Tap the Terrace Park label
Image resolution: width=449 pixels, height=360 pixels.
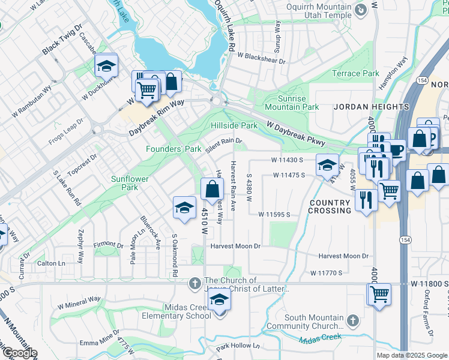(355, 73)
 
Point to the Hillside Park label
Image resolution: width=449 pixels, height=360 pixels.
(234, 125)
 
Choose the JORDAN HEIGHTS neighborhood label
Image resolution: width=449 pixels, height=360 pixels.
(372, 107)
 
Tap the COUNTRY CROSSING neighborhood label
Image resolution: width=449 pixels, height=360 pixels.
(330, 207)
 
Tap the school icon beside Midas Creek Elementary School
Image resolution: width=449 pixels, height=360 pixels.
(220, 301)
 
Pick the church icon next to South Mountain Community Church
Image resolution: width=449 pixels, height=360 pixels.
(354, 321)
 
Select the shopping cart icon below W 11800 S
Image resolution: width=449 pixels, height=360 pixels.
(379, 295)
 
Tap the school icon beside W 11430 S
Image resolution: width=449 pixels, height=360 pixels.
(327, 166)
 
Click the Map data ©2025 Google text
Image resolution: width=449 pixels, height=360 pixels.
(411, 355)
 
